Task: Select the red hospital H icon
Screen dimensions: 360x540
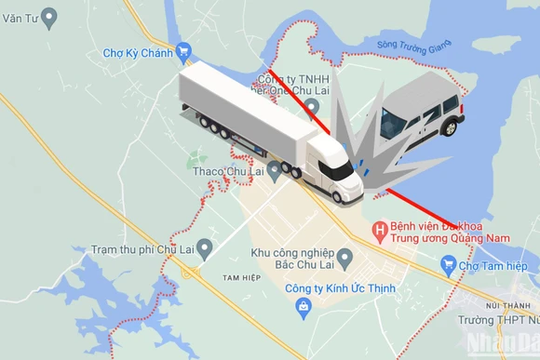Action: [380, 229]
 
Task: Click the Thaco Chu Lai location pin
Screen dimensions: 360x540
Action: [274, 169]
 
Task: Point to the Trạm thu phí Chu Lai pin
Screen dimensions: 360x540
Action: [205, 247]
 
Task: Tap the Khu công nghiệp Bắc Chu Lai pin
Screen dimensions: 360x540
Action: [345, 256]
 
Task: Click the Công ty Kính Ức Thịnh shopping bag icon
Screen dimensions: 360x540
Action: [302, 305]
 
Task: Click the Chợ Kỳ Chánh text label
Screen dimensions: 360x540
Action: [138, 53]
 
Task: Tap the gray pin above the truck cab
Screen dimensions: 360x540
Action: [311, 106]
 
